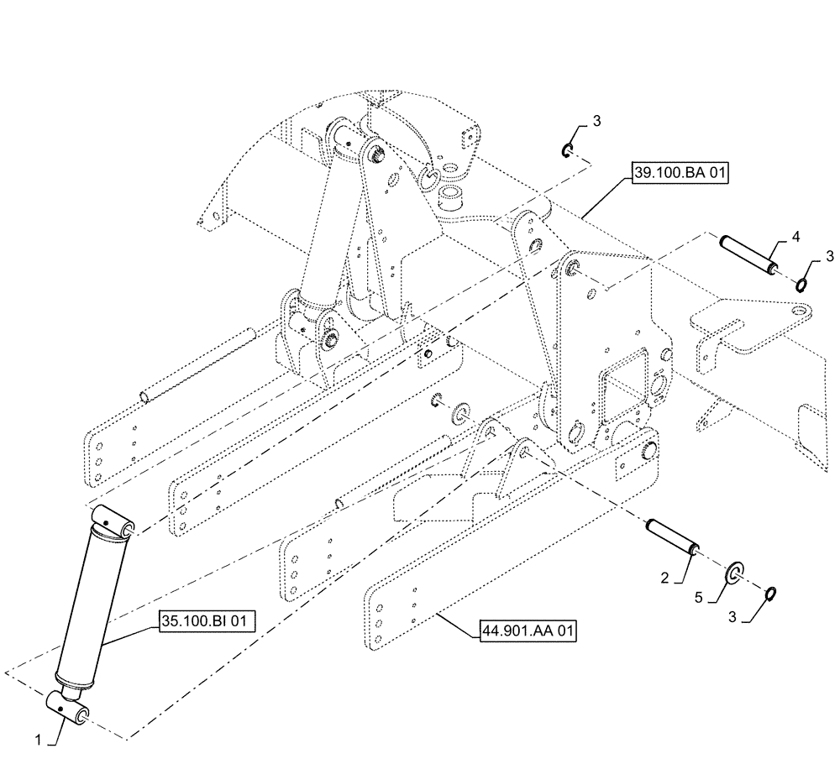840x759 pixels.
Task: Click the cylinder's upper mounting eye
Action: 113,521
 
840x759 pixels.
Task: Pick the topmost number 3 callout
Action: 596,121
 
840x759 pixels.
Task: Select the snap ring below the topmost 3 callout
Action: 567,151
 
